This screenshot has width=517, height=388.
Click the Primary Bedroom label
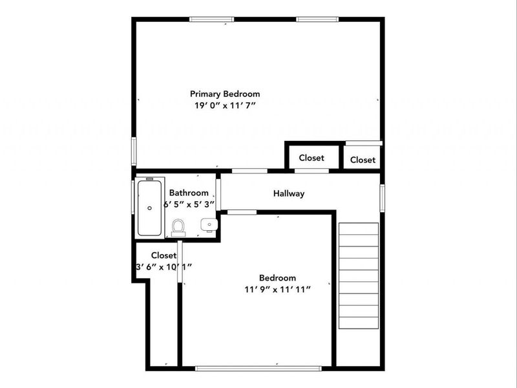pos(224,94)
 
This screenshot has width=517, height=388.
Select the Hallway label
pos(288,193)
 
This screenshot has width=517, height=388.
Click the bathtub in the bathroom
pos(149,208)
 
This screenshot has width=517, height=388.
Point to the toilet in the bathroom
pos(178,226)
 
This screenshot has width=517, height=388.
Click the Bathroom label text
pos(189,193)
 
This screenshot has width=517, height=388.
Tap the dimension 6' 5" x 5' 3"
pos(189,204)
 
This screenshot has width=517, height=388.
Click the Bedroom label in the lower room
pos(277,278)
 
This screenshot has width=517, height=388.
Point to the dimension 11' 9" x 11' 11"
pos(277,289)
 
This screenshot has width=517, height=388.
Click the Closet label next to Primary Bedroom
pos(311,158)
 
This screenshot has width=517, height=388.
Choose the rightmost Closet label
pos(363,160)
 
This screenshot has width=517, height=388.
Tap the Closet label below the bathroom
pos(164,255)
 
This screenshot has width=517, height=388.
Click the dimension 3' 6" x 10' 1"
pos(164,266)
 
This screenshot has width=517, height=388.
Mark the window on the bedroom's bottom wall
pos(258,368)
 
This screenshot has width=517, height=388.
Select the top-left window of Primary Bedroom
pos(212,19)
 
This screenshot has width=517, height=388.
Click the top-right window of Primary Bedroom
pos(317,19)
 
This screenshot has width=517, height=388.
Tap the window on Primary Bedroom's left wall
pos(134,151)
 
